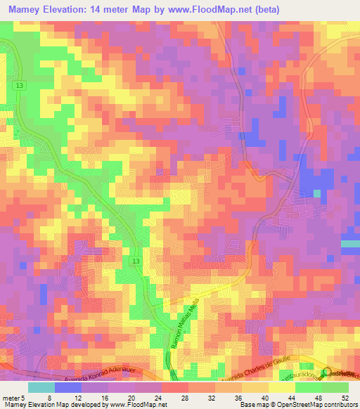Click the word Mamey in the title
point(25,11)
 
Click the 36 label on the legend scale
point(242,397)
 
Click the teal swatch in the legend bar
point(41,387)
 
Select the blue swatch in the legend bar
point(68,387)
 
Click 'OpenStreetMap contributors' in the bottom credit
point(309,405)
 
